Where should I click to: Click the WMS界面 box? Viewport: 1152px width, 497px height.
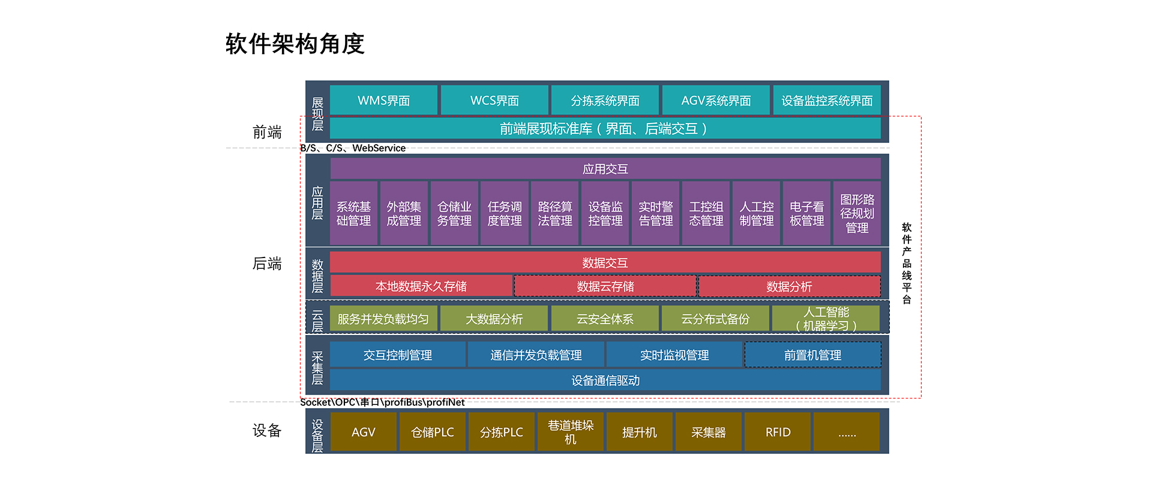(x=383, y=100)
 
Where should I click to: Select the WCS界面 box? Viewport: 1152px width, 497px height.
(x=494, y=100)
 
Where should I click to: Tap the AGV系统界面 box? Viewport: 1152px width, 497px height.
(x=716, y=100)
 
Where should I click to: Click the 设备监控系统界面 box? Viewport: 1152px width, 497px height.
(x=827, y=100)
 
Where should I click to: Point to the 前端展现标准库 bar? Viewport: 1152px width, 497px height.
(x=605, y=128)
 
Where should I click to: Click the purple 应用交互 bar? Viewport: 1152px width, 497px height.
(x=605, y=169)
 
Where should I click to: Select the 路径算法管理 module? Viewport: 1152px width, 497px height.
(x=555, y=213)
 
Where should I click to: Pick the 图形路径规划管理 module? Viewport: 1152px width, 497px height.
(x=857, y=213)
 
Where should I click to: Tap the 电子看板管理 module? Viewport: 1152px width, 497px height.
(x=806, y=213)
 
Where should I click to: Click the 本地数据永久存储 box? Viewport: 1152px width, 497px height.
(x=421, y=286)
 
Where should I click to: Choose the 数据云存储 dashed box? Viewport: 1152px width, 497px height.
(x=605, y=286)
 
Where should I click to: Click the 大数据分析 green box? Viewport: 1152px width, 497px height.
(x=494, y=319)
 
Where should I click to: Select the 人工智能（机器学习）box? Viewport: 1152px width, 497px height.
(x=826, y=319)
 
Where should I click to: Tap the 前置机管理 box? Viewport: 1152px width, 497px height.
(x=813, y=355)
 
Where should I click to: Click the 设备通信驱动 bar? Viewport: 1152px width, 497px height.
(x=605, y=381)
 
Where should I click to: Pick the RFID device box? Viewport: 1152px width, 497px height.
(x=778, y=432)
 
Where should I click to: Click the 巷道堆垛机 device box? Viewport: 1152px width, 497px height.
(x=571, y=432)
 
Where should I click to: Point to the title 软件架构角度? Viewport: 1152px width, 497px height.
(x=295, y=44)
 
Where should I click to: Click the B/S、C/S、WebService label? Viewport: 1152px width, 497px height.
(x=353, y=148)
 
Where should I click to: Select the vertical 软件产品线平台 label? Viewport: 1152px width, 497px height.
(x=907, y=263)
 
